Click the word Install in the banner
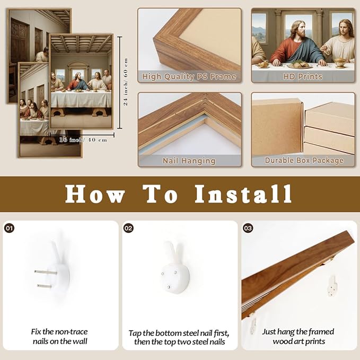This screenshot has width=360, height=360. point(243,194)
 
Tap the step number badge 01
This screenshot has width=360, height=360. point(9,228)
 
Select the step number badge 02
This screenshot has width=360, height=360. point(128,228)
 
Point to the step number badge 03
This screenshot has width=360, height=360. point(248,228)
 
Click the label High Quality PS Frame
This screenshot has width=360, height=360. point(189,76)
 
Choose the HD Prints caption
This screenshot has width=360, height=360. point(303,76)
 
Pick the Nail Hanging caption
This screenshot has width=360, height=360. point(189,161)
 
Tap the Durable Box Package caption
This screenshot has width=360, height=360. point(304,160)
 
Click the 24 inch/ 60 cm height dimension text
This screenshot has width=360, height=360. point(126,82)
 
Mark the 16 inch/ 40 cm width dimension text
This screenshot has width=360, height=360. point(83,139)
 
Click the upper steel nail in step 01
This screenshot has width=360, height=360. point(46,273)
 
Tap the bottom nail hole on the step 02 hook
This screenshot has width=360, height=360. point(169,287)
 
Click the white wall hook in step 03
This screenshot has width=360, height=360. point(332,286)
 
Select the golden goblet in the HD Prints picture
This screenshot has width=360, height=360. point(340,63)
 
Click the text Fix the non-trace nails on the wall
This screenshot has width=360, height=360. point(60,337)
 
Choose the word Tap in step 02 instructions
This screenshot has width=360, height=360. point(135,333)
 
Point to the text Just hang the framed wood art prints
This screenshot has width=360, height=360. point(298,337)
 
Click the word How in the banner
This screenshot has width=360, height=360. point(95,194)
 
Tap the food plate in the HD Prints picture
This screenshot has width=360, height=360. point(300,65)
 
